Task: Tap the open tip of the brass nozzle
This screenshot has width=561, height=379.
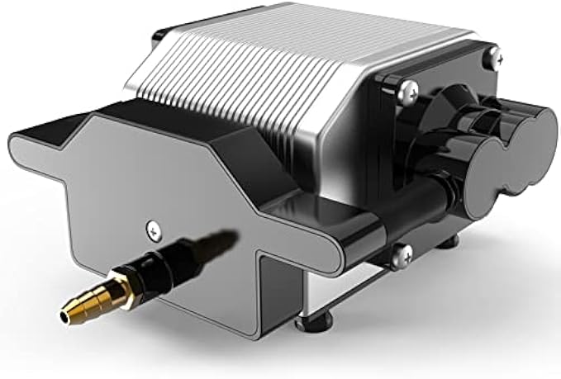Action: point(64,315)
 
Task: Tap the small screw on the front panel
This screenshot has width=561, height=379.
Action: point(151,227)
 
